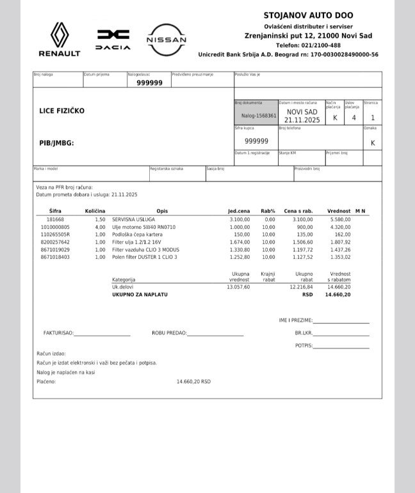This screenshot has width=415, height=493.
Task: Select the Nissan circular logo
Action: [167, 39]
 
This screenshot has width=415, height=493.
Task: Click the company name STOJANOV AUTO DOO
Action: [308, 15]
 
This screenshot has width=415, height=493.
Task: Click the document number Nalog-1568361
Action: [255, 116]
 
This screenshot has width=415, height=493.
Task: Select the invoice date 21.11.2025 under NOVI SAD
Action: [302, 120]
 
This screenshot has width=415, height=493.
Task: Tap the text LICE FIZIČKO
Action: [62, 111]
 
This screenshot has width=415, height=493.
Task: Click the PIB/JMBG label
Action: [56, 143]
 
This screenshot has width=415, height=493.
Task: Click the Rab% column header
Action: [268, 210]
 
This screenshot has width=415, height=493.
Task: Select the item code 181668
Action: [55, 219]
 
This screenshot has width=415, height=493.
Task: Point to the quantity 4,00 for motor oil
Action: [100, 227]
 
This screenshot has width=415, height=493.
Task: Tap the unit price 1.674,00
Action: [239, 242]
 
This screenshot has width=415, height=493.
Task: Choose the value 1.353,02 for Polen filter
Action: [339, 257]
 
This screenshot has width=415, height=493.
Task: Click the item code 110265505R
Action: [55, 235]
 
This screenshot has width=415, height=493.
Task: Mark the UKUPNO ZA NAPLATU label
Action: [140, 295]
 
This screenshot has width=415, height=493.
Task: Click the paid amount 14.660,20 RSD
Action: [193, 381]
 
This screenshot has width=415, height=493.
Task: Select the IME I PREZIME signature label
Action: [295, 319]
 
